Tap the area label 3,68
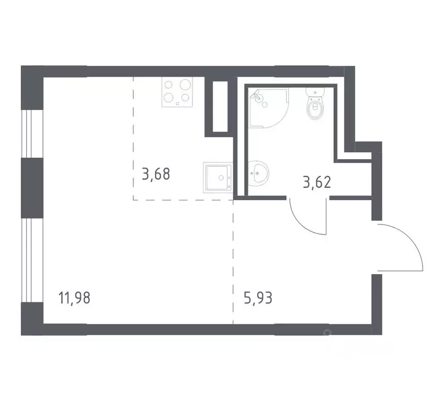coord(156,173)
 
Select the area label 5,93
coord(258,299)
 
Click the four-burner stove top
coord(177,92)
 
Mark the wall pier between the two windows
coord(31,187)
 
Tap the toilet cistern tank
coord(316,93)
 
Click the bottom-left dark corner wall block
coord(31,315)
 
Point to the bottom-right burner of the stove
coord(184,98)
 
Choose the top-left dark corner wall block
coord(31,86)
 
